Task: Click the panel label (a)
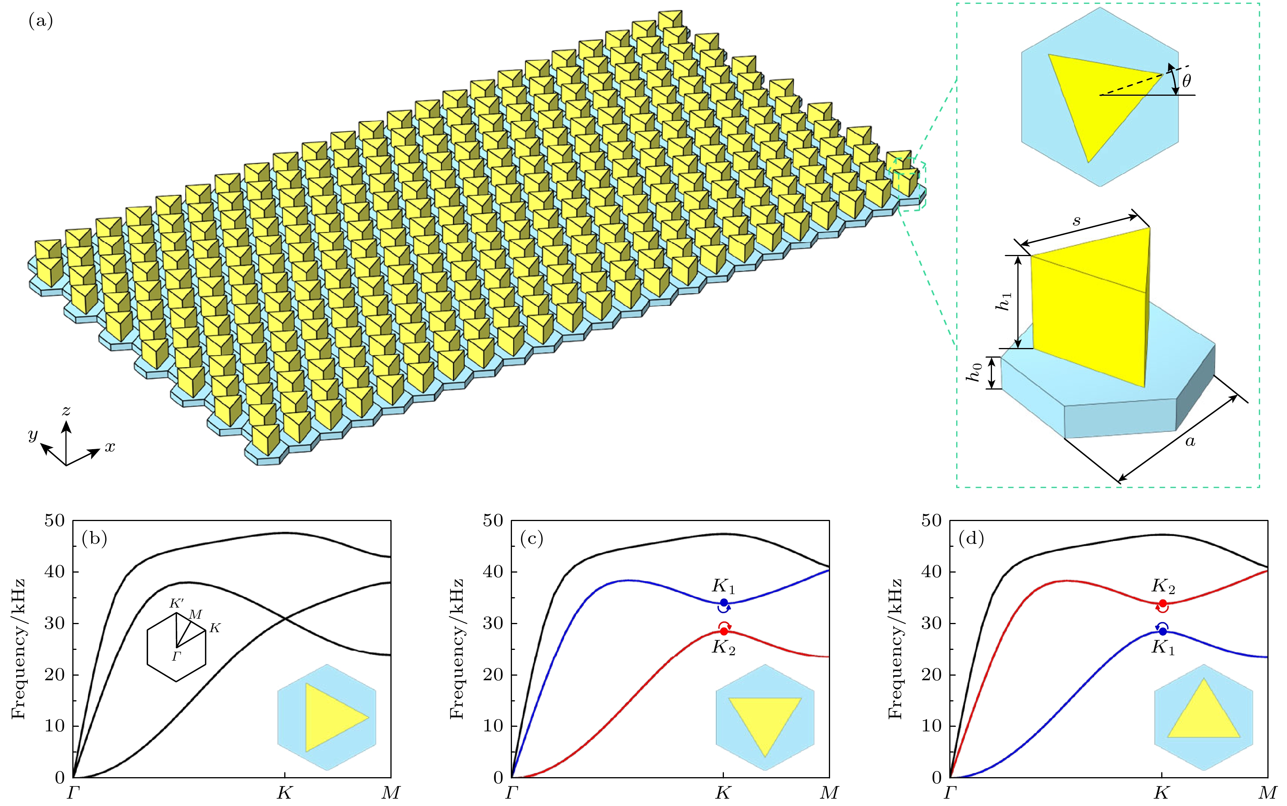pos(40,22)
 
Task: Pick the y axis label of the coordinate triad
pos(33,435)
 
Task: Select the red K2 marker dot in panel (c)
pos(724,631)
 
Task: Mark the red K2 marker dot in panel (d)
pos(1162,603)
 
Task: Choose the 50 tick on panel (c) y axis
pos(494,520)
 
